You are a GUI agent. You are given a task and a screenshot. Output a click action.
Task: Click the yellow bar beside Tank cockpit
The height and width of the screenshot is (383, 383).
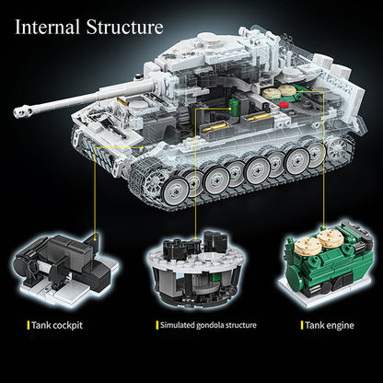[x=29, y=325]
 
